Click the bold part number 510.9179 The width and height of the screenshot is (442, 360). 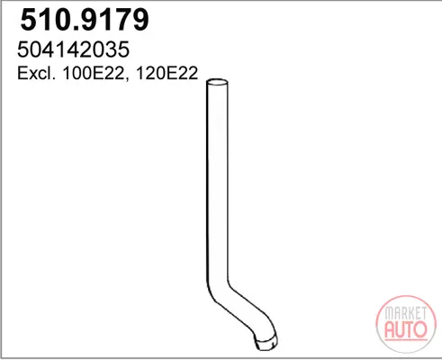pyautogui.click(x=85, y=20)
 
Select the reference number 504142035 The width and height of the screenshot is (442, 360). pyautogui.click(x=74, y=49)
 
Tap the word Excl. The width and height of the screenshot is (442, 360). pyautogui.click(x=36, y=73)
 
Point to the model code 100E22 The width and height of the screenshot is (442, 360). pyautogui.click(x=94, y=73)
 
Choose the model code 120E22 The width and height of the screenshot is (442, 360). pyautogui.click(x=167, y=73)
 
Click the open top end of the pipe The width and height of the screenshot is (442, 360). pyautogui.click(x=217, y=82)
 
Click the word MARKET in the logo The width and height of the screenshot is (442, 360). pyautogui.click(x=406, y=313)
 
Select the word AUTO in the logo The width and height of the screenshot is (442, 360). pyautogui.click(x=406, y=329)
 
